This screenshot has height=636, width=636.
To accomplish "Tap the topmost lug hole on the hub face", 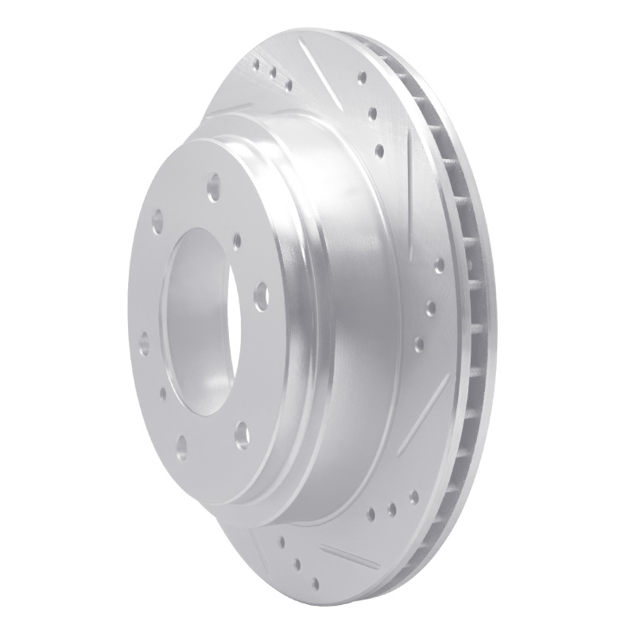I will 214,190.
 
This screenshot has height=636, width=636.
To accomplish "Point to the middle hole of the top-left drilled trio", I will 273,74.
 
